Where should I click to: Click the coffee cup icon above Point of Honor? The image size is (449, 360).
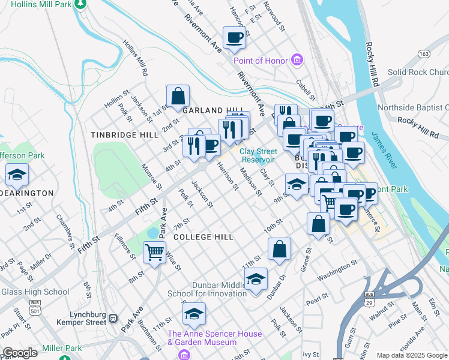(234, 38)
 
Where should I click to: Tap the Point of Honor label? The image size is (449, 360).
(260, 61)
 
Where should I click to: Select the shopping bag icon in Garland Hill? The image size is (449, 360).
(178, 96)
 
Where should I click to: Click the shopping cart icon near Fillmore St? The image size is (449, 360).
(154, 253)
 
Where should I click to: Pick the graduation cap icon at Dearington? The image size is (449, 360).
(17, 176)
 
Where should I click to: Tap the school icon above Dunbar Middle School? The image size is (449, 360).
(256, 280)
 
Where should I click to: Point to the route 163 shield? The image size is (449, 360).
(424, 54)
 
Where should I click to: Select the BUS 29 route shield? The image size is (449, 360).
(369, 298)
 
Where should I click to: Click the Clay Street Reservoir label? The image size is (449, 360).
(258, 156)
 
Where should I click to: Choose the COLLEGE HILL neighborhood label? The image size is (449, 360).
(203, 237)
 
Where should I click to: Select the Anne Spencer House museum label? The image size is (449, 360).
(214, 338)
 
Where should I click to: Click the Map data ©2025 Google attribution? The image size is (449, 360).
(411, 355)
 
